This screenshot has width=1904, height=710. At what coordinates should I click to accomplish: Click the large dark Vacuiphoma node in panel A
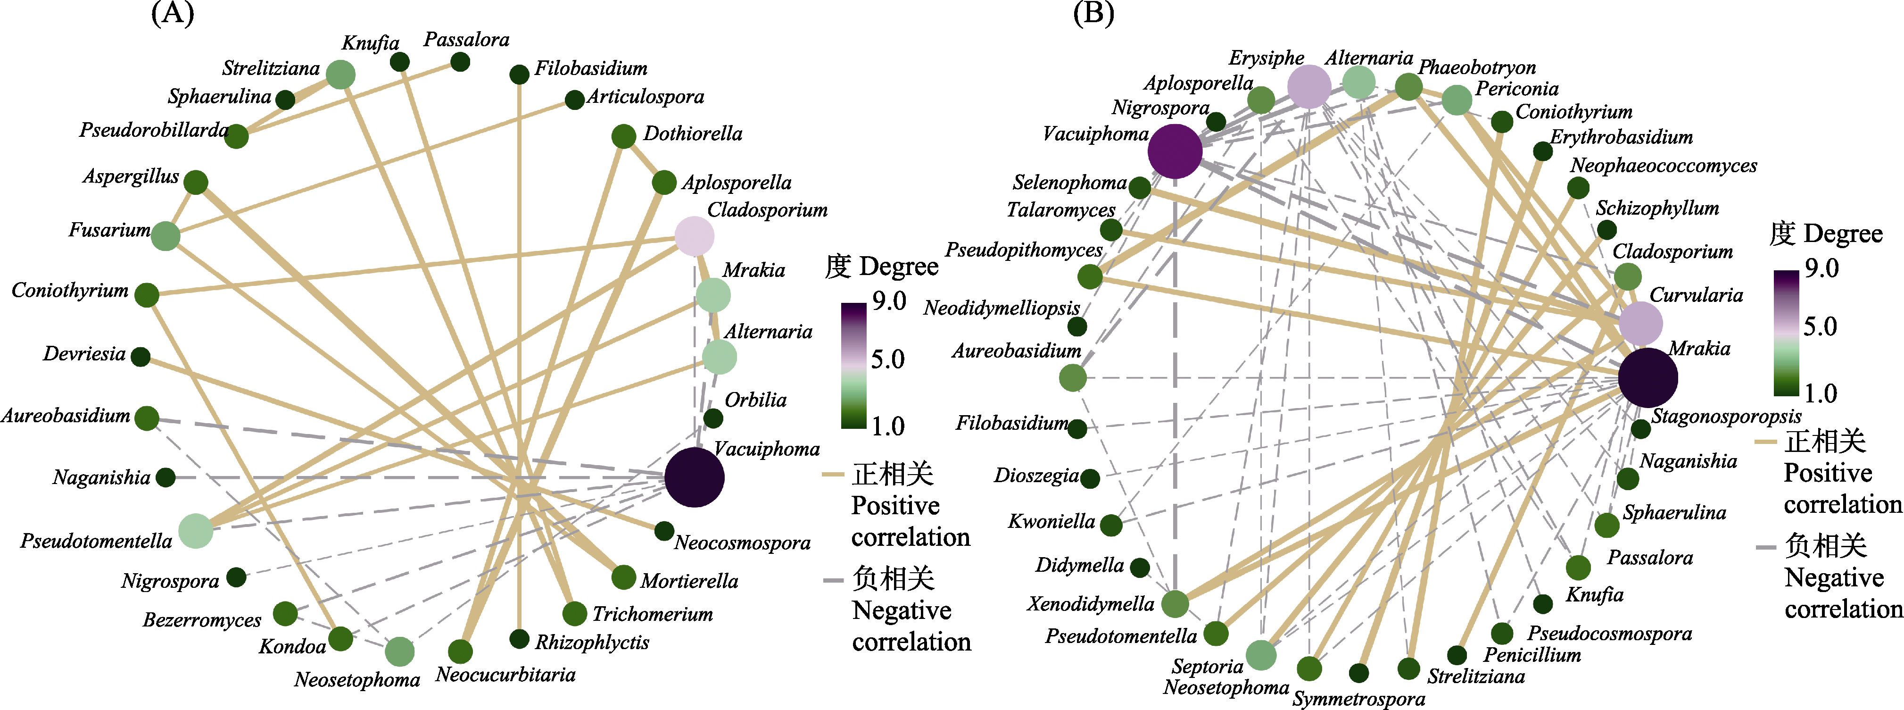point(694,477)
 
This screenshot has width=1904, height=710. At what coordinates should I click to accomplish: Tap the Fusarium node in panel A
point(166,236)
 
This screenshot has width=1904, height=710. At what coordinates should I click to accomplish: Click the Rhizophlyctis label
point(592,642)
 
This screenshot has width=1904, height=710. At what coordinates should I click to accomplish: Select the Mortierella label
point(689,581)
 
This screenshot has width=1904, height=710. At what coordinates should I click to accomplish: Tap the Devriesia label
point(84,353)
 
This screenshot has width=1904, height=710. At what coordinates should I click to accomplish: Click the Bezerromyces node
point(285,613)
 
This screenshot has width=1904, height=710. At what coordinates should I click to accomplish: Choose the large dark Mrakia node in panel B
point(1647,378)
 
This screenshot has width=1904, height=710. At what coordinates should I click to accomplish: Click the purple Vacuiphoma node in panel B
point(1175,151)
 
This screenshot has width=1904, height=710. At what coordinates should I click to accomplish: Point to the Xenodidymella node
point(1175,603)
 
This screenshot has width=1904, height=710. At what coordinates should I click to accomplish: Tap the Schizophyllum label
point(1657,209)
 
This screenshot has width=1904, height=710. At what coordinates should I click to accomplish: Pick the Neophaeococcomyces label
point(1664,166)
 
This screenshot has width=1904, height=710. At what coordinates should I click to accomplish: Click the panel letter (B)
point(1093,13)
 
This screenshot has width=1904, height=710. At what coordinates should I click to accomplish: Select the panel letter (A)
point(172,13)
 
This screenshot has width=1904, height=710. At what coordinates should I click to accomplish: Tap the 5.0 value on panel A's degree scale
point(888,359)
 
